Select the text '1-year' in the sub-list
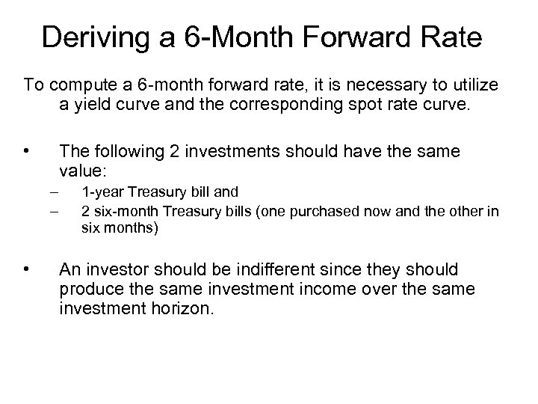[100, 195]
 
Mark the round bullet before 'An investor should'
[27, 269]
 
